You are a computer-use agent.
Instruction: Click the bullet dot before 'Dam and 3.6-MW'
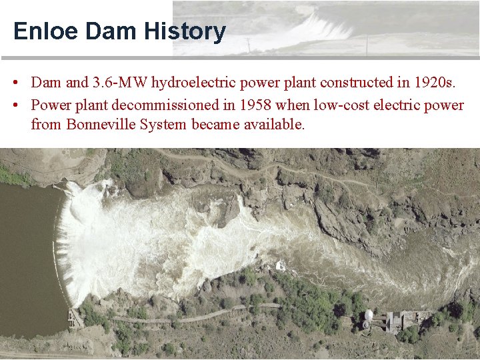click(x=14, y=83)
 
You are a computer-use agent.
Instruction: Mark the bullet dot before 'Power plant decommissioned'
click(x=14, y=105)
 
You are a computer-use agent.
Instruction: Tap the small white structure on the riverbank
click(x=281, y=266)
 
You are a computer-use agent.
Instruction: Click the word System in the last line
click(x=163, y=125)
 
